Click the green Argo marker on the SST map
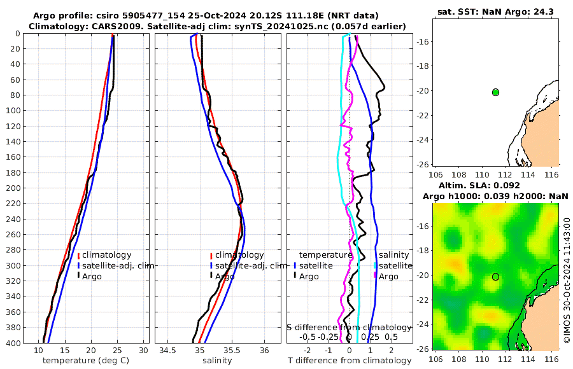pos(495,92)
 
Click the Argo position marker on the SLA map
pos(495,277)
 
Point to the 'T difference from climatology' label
pos(350,361)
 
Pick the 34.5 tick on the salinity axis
pos(167,351)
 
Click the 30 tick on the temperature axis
pos(143,351)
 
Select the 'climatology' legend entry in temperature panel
pos(106,255)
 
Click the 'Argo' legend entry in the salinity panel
pos(225,276)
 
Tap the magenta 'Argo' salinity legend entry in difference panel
pos(388,276)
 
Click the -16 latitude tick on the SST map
pos(422,42)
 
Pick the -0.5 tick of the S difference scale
pos(308,337)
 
